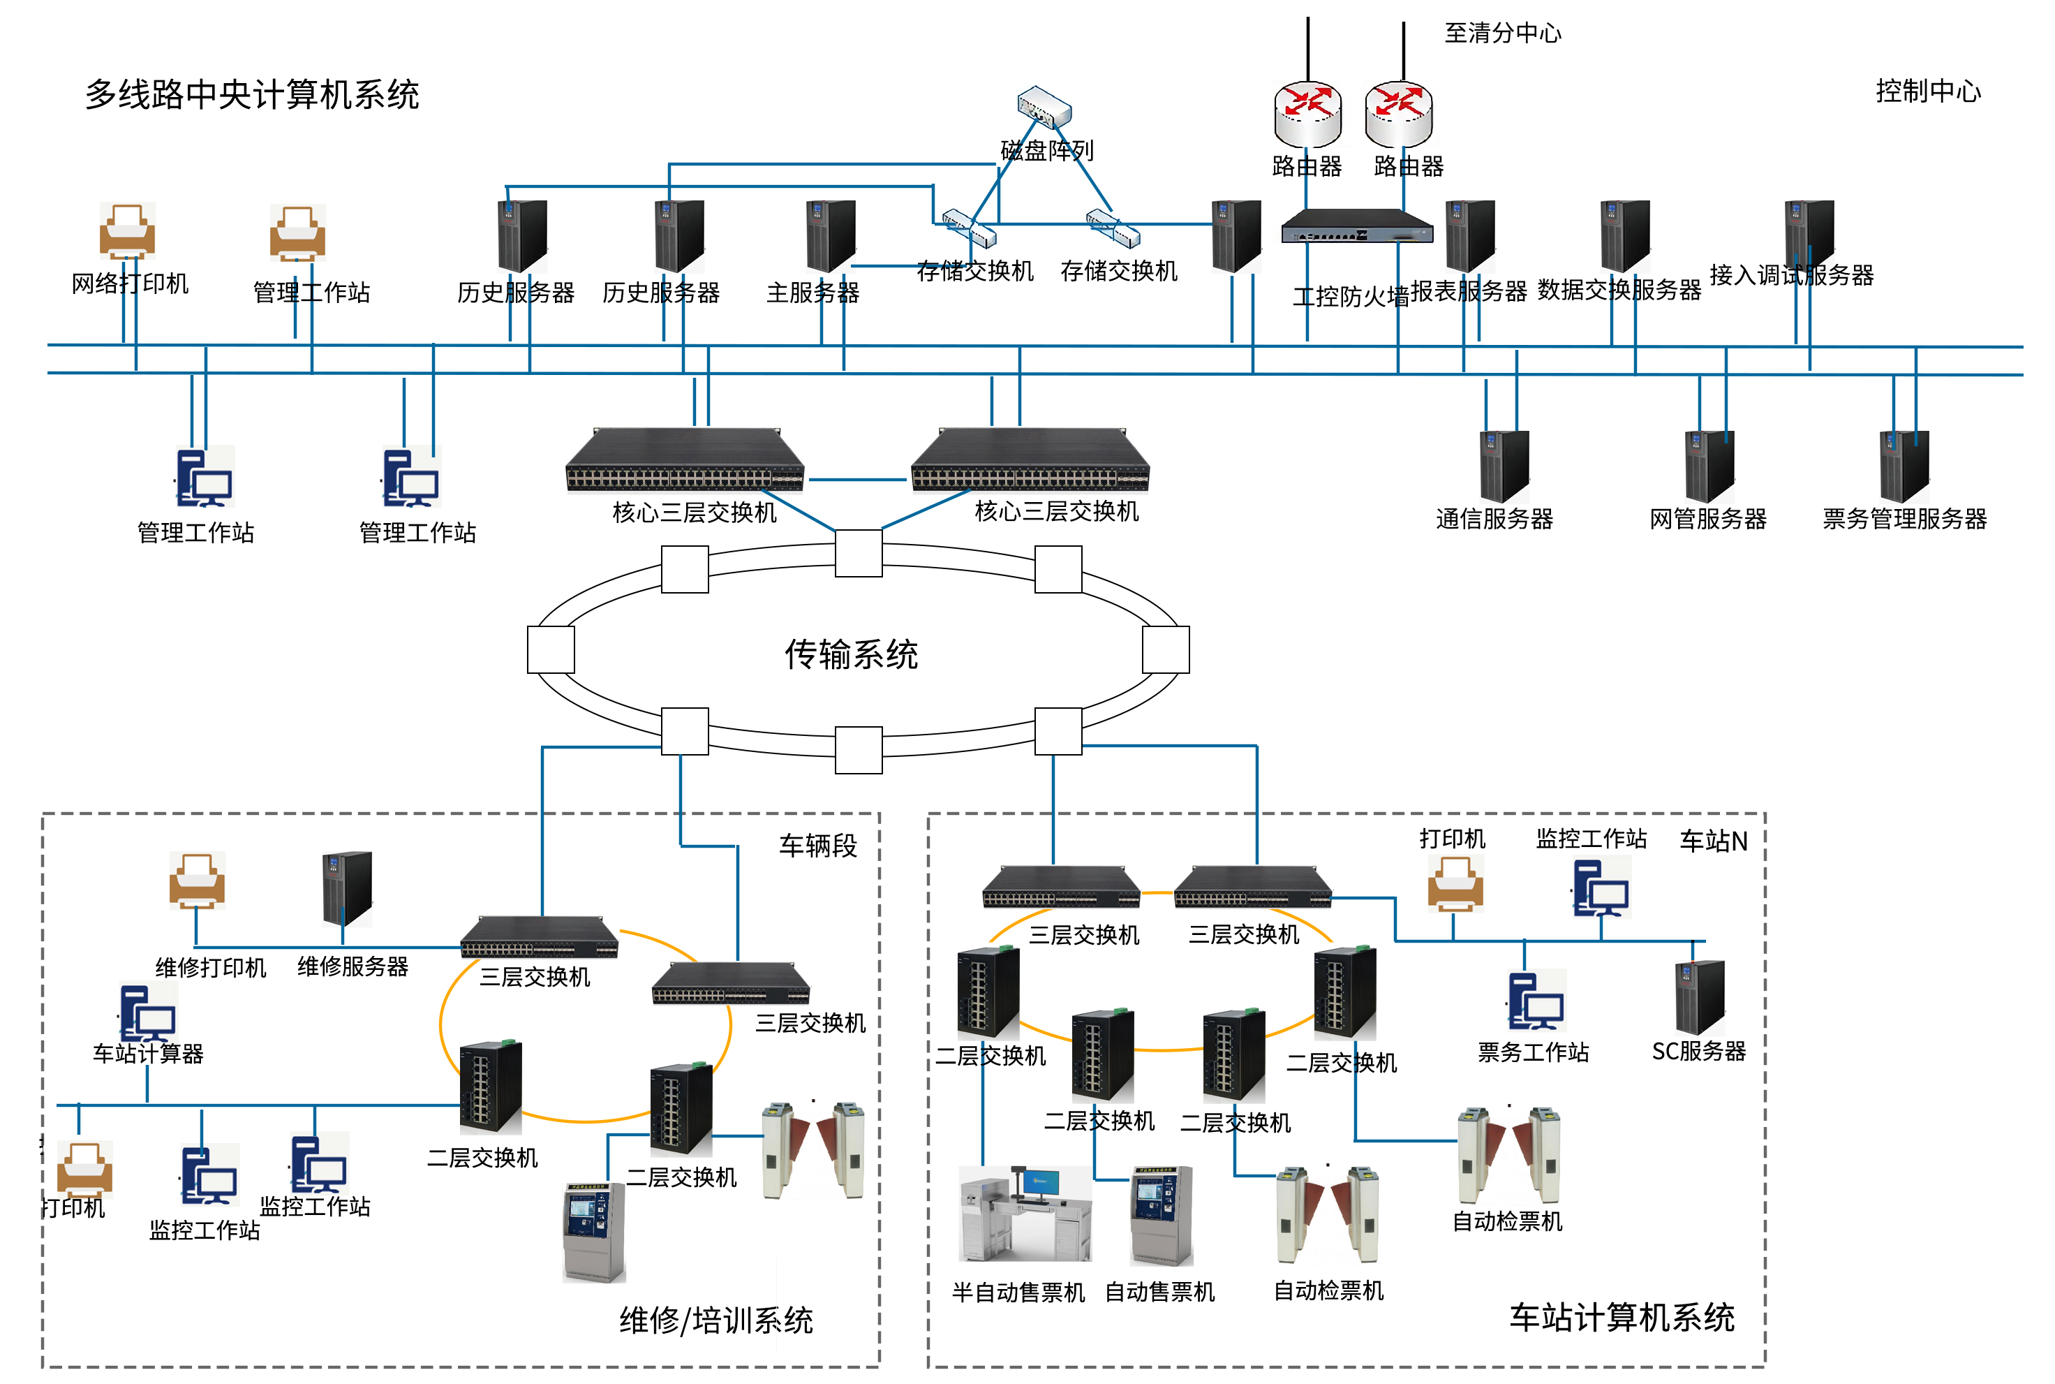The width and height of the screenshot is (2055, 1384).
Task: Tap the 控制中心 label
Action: (1927, 91)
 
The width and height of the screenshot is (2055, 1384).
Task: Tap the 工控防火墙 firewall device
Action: (1356, 227)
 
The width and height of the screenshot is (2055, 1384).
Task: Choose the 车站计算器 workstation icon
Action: (147, 1013)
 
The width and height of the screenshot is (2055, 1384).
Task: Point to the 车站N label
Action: (1713, 841)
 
